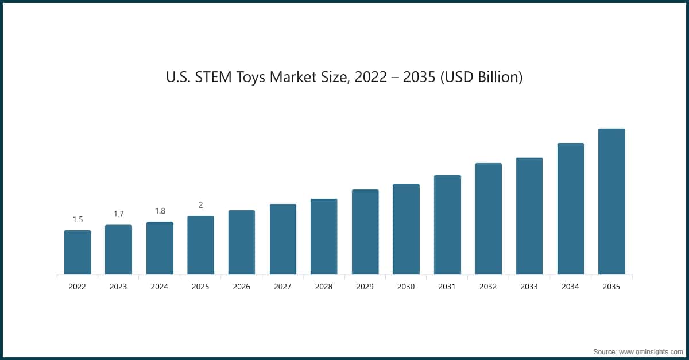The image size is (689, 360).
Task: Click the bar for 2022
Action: coord(78,253)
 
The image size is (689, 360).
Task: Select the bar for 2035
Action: coord(611,202)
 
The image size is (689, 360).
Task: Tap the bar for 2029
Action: coord(365,232)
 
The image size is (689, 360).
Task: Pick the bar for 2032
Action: coord(488,219)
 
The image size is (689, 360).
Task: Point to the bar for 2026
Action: coord(242,242)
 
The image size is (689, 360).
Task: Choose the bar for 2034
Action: coord(571,209)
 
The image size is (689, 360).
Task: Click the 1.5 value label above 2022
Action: coord(78,219)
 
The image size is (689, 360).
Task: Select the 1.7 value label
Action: coord(118,214)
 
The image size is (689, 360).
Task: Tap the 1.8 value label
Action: coord(160,211)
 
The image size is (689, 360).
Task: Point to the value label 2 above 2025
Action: coord(200,205)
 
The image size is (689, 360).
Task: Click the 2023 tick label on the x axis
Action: coord(118,287)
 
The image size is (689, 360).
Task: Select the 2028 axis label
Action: coord(324,287)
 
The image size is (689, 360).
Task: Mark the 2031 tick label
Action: coord(447,287)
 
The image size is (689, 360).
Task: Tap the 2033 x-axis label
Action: coord(529,287)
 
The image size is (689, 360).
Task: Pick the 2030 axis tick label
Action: coord(406,287)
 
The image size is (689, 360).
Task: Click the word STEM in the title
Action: coord(214,77)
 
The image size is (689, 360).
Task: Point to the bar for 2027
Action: coord(283,239)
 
